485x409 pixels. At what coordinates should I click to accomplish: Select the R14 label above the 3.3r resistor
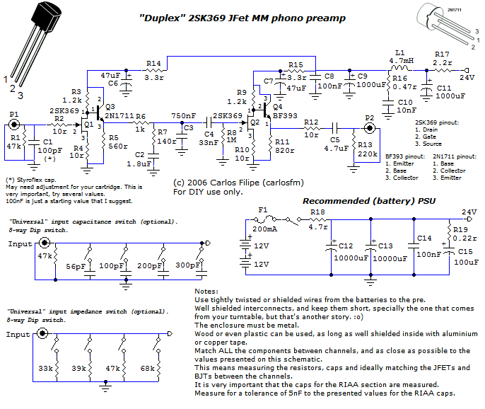[x=153, y=64]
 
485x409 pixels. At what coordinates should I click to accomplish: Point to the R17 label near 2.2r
[x=442, y=54]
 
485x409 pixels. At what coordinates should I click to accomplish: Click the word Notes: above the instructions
[x=206, y=291]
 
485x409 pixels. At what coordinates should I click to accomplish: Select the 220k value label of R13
[x=367, y=154]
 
